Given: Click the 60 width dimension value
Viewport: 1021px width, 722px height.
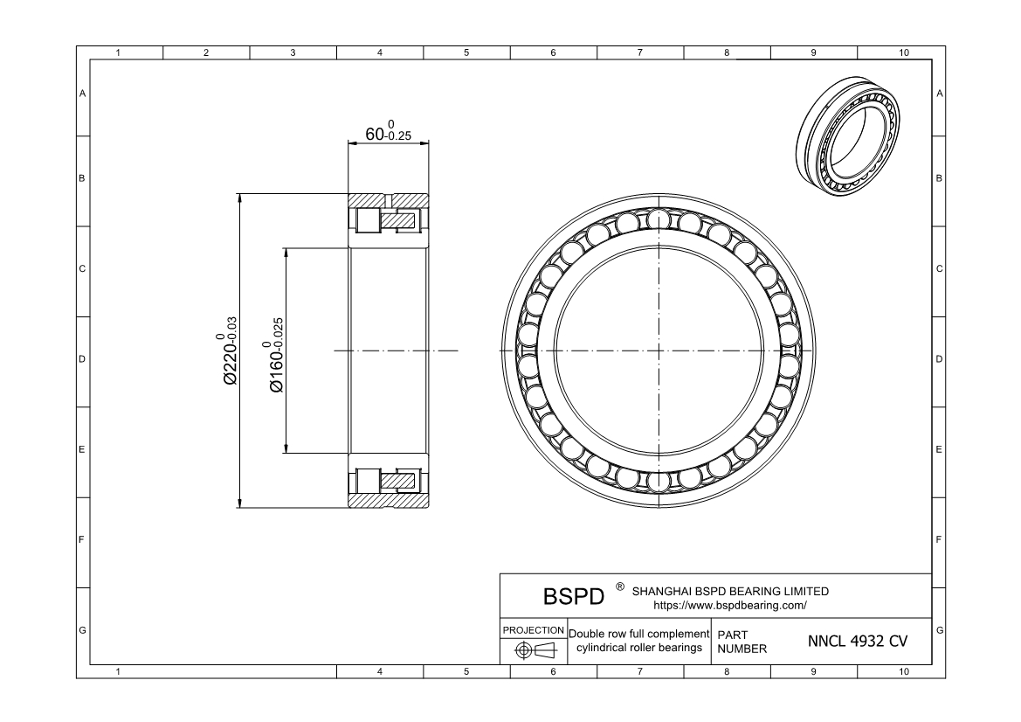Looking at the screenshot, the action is (x=375, y=135).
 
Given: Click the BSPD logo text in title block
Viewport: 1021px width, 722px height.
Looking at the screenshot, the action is (x=573, y=596).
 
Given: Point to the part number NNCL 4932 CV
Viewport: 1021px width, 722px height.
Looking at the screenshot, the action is (x=857, y=642).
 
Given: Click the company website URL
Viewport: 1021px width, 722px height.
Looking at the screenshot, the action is (x=730, y=606).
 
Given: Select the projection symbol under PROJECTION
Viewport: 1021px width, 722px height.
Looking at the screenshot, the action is (x=534, y=650).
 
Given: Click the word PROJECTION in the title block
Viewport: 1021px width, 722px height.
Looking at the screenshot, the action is (x=534, y=630).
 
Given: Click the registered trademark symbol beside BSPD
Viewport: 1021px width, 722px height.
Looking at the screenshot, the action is (x=620, y=587).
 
